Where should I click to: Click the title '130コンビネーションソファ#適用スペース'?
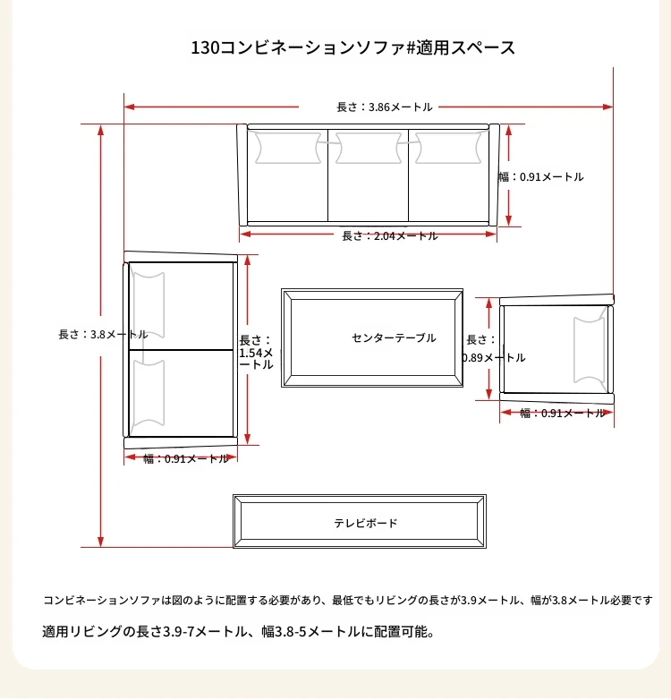tap(352, 47)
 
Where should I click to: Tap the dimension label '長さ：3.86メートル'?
tap(385, 107)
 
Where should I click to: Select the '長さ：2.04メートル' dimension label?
tap(390, 236)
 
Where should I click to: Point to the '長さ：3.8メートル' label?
tap(103, 335)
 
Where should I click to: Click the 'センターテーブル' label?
tap(394, 338)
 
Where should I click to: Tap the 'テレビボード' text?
tap(365, 523)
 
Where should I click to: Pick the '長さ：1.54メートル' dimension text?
tap(256, 352)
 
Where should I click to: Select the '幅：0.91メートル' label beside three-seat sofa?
tap(540, 176)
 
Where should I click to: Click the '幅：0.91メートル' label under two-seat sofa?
tap(185, 458)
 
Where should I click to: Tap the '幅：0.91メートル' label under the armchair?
tap(562, 413)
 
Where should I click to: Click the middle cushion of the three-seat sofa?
tap(369, 148)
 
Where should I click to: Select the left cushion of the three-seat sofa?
tap(288, 148)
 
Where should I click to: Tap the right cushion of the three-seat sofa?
tap(448, 148)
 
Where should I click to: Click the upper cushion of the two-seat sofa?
tap(149, 305)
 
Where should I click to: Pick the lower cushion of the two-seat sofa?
tap(149, 393)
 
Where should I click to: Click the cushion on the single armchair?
tap(589, 350)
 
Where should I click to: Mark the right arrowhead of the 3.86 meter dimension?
tap(607, 107)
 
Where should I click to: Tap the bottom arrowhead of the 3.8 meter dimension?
tap(101, 542)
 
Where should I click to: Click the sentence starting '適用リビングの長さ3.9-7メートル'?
tap(238, 632)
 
